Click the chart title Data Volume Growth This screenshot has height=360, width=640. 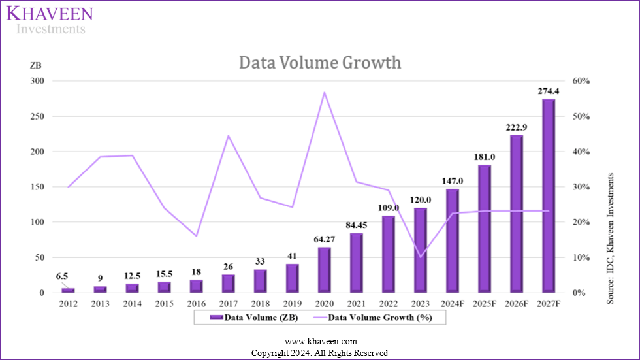(319, 63)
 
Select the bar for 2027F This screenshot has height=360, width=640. (549, 196)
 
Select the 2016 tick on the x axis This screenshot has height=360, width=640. (197, 303)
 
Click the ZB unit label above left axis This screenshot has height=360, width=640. (36, 66)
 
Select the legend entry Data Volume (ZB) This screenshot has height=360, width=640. (245, 318)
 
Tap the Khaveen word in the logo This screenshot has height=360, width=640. (50, 14)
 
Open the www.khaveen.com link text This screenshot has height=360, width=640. (319, 342)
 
